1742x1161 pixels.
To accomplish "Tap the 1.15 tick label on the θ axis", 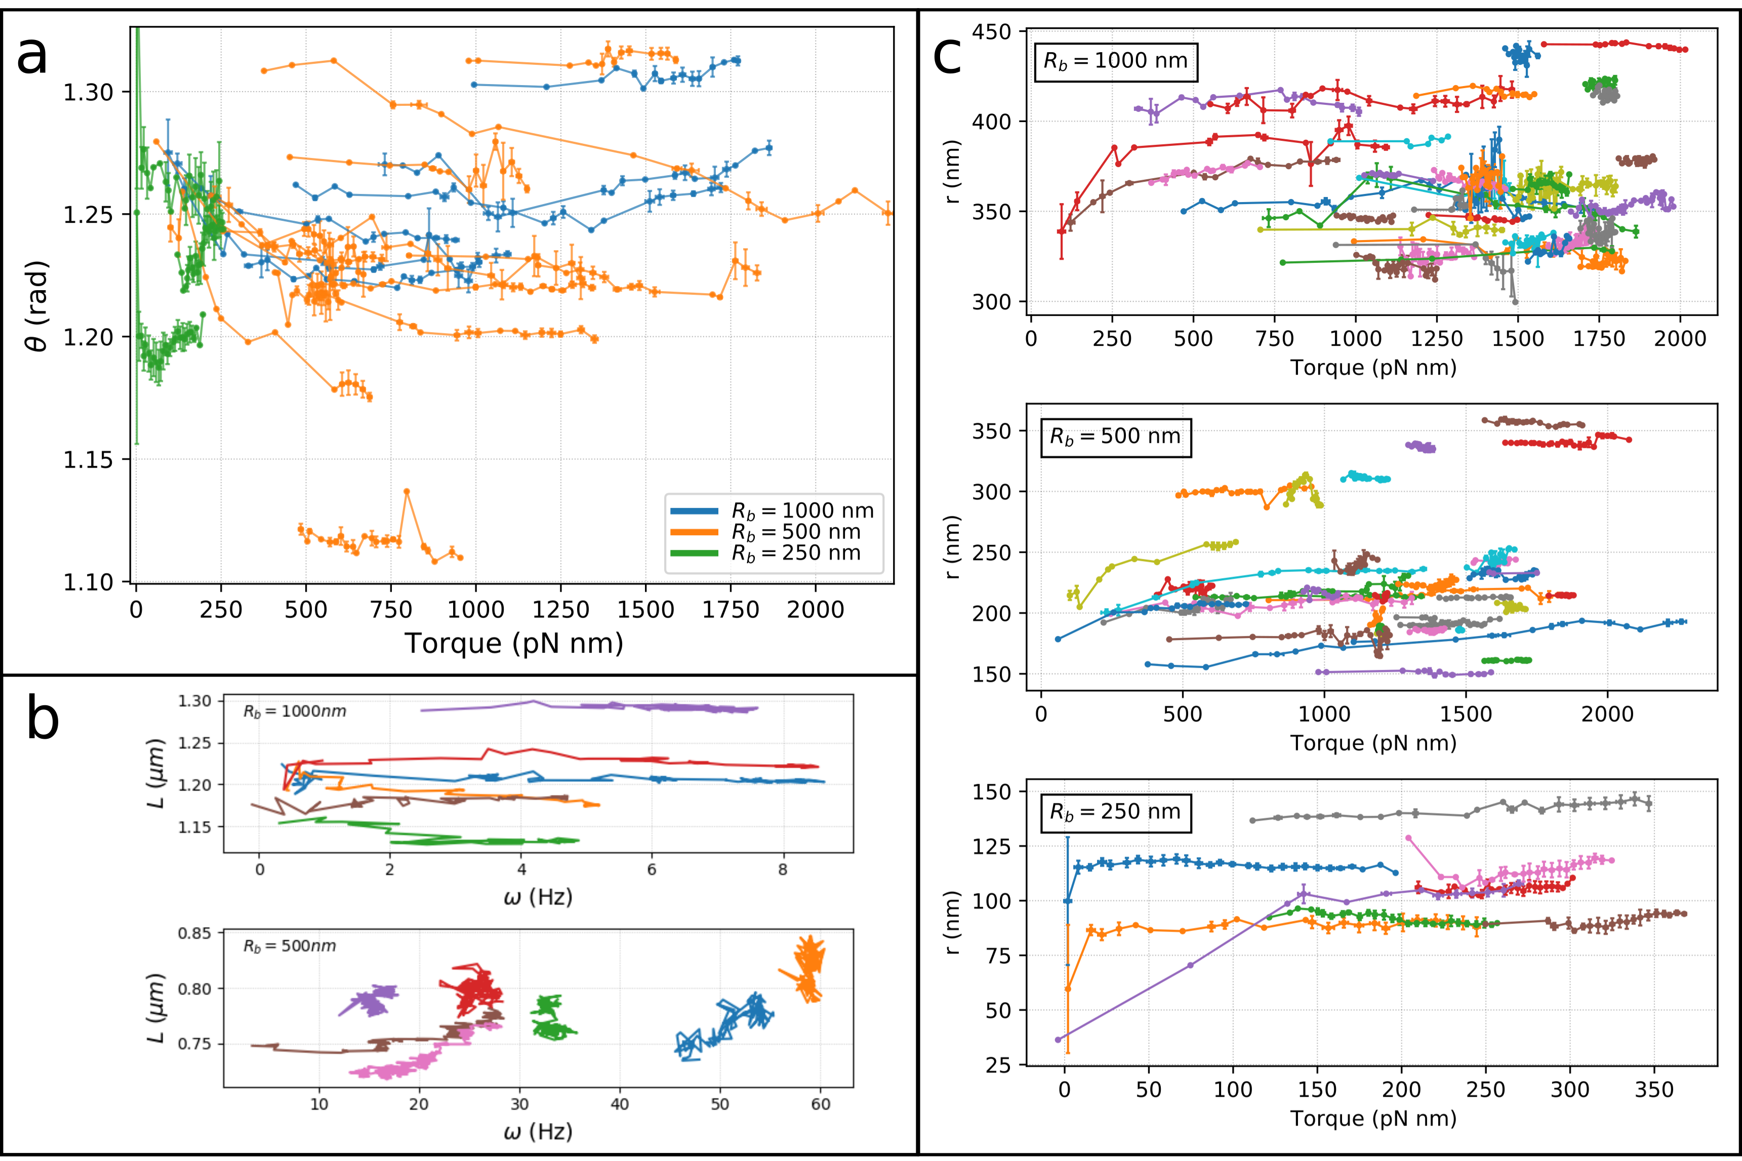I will (88, 460).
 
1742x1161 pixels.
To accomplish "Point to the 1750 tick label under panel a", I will (731, 610).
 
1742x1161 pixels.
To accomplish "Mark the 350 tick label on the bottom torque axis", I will (1654, 1090).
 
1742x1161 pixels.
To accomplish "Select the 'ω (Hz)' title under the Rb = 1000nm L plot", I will (538, 897).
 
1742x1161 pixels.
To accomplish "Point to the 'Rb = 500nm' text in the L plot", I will (290, 946).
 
